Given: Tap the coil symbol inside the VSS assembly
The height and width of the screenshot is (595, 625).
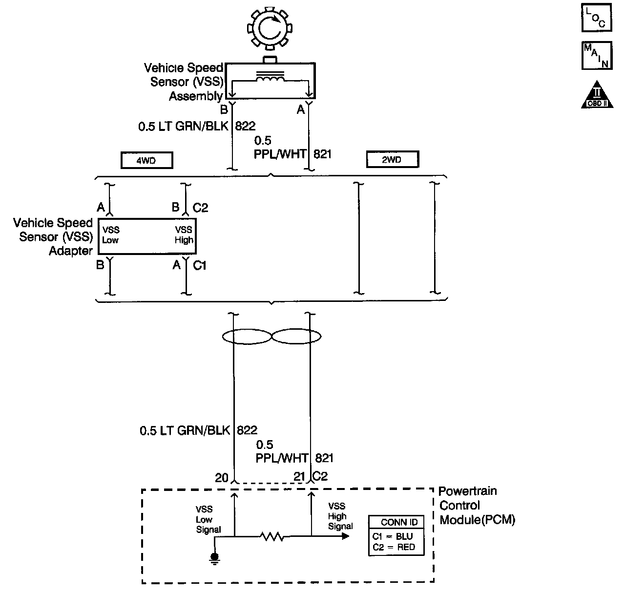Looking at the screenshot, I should [270, 78].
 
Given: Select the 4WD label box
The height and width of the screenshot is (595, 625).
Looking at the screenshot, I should [146, 160].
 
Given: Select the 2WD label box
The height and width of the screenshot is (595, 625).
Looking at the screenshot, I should [392, 159].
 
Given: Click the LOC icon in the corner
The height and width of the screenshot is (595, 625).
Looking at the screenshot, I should [596, 18].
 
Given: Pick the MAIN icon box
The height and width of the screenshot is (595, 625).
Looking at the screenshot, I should [596, 55].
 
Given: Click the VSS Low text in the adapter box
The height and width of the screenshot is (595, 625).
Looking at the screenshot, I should [111, 234].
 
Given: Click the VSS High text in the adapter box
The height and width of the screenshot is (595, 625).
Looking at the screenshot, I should [184, 234].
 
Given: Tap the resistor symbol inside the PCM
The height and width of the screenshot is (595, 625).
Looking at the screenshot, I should [272, 536].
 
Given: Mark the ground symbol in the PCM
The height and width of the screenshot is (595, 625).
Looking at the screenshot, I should [214, 558].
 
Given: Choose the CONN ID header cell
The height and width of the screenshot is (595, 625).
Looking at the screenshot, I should [396, 522].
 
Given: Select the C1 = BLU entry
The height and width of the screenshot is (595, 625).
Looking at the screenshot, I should [393, 536].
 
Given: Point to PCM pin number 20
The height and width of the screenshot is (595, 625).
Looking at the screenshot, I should [222, 477].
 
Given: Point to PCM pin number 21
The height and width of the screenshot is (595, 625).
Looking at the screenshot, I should [299, 476].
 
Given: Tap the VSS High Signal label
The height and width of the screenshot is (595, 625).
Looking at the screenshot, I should [340, 516].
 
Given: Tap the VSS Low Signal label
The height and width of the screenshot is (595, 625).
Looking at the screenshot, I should [208, 520].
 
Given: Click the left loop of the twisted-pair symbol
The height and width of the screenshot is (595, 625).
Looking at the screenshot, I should [247, 337].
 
